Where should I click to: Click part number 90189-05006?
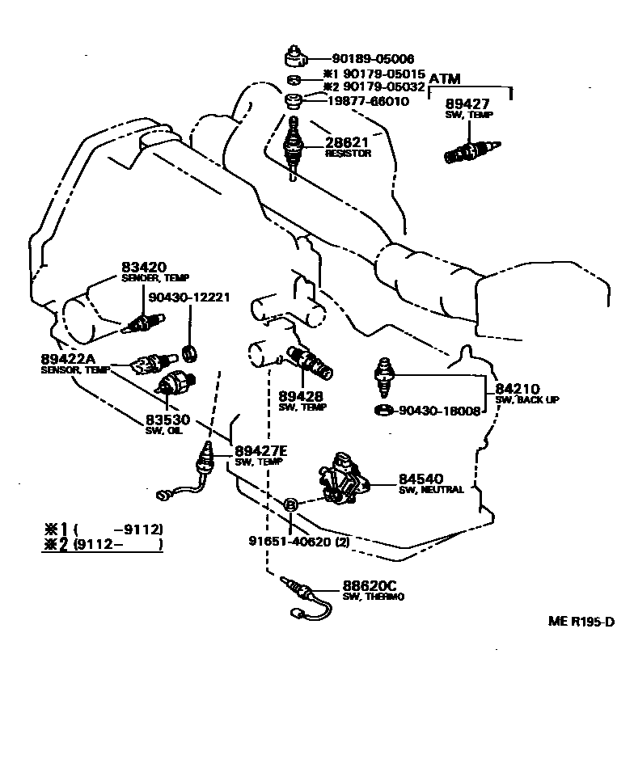pyautogui.click(x=373, y=59)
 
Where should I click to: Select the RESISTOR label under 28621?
pyautogui.click(x=348, y=154)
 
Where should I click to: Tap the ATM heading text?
pyautogui.click(x=445, y=79)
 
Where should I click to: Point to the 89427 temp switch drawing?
pyautogui.click(x=472, y=151)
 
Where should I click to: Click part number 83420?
pyautogui.click(x=144, y=268)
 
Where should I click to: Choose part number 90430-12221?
pyautogui.click(x=189, y=297)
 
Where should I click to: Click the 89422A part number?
pyautogui.click(x=68, y=360)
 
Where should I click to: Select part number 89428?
pyautogui.click(x=301, y=396)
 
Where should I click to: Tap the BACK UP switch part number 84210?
pyautogui.click(x=518, y=390)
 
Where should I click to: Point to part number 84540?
pyautogui.click(x=421, y=479)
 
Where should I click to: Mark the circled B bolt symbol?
pyautogui.click(x=290, y=504)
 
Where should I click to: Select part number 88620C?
pyautogui.click(x=370, y=586)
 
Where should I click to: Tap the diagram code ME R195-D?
pyautogui.click(x=581, y=622)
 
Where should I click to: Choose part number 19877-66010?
pyautogui.click(x=368, y=101)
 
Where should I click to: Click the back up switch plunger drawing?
pyautogui.click(x=384, y=378)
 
